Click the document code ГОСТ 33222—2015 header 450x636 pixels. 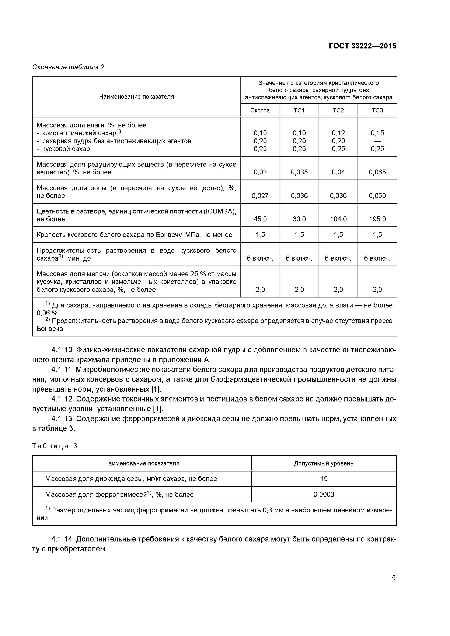362,46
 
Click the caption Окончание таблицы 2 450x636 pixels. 68,67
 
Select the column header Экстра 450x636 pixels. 260,110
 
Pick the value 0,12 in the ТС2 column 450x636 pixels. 338,133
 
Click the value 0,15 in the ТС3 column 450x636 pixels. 377,133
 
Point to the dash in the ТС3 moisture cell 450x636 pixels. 377,141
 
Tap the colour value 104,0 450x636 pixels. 338,219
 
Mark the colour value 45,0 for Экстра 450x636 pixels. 260,219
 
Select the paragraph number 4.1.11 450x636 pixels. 62,370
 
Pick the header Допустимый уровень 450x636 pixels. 324,463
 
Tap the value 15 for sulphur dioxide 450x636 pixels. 324,479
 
